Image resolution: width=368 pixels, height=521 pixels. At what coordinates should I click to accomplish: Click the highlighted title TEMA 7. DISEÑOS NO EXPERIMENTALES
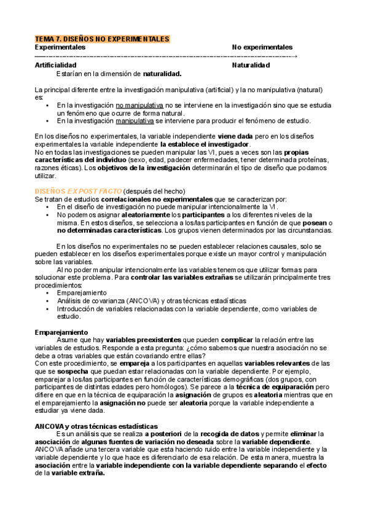point(102,39)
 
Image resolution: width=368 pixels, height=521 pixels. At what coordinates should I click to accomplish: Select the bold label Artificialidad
point(56,65)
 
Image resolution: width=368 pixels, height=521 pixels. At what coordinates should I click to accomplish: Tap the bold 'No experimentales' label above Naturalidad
point(262,47)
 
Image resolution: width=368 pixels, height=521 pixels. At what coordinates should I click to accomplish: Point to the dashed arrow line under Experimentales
point(166,56)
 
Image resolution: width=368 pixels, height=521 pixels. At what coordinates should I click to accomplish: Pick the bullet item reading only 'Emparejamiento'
point(81,293)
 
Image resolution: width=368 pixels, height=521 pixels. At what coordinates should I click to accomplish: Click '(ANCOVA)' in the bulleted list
point(144,301)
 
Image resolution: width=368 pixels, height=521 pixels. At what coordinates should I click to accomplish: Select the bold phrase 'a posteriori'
point(168,434)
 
